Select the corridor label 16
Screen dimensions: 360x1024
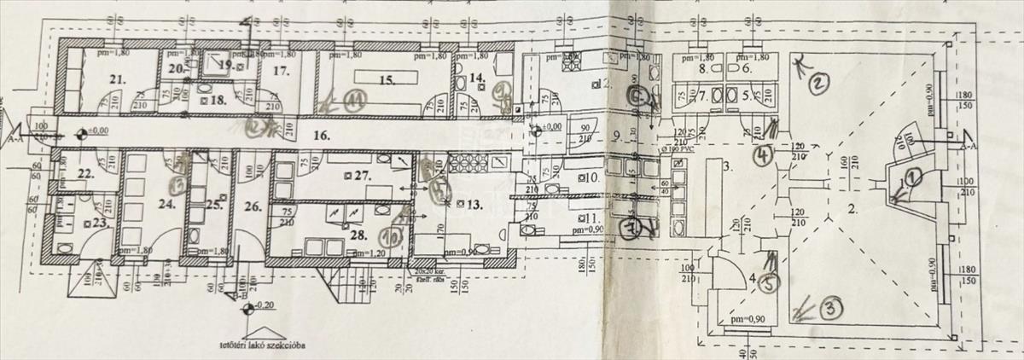(x=321, y=134)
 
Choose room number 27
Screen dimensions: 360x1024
(x=364, y=174)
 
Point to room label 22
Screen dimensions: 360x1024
(x=84, y=173)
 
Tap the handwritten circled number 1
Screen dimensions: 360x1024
(x=911, y=177)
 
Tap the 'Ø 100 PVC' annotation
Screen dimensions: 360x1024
(x=675, y=148)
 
